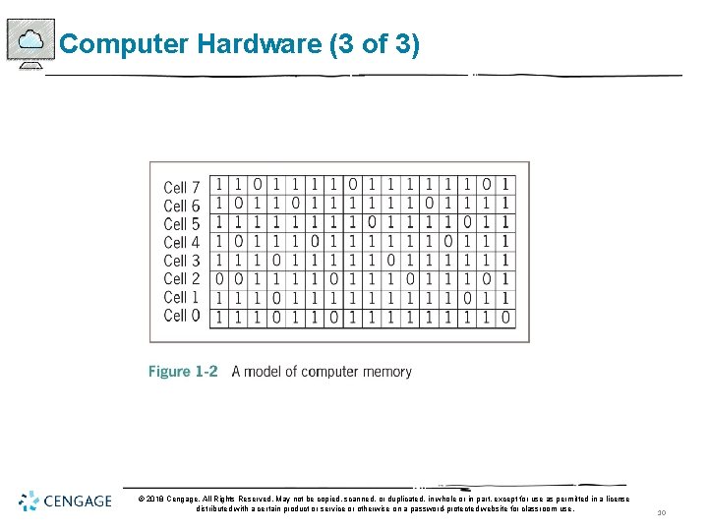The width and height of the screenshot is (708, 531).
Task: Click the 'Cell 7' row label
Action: [181, 187]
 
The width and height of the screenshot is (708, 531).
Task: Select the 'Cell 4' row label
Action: [181, 242]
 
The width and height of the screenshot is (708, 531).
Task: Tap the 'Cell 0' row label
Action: [181, 316]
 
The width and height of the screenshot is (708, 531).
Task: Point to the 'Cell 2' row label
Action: [181, 279]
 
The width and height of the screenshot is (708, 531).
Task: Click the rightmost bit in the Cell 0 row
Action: [504, 317]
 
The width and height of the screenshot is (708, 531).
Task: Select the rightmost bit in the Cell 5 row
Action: [504, 223]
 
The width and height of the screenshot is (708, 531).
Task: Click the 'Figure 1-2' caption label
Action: [183, 372]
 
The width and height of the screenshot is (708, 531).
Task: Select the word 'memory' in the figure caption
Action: [387, 372]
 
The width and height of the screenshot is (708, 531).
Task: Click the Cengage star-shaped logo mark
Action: [29, 501]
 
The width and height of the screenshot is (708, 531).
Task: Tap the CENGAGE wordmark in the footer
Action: [78, 501]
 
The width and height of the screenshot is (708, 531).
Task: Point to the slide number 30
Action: [662, 512]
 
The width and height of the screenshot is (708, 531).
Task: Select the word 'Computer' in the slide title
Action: [124, 44]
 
